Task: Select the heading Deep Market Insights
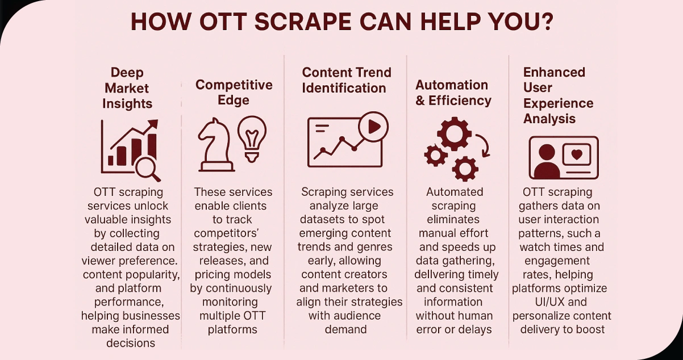coord(127,88)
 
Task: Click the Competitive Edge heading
coord(234,92)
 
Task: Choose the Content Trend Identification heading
coord(346,80)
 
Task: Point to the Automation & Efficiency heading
coord(453,93)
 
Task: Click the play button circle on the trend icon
coord(373,127)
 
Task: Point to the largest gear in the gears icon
coord(454,134)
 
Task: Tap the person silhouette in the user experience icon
coord(546,161)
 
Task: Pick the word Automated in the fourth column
coord(455,192)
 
